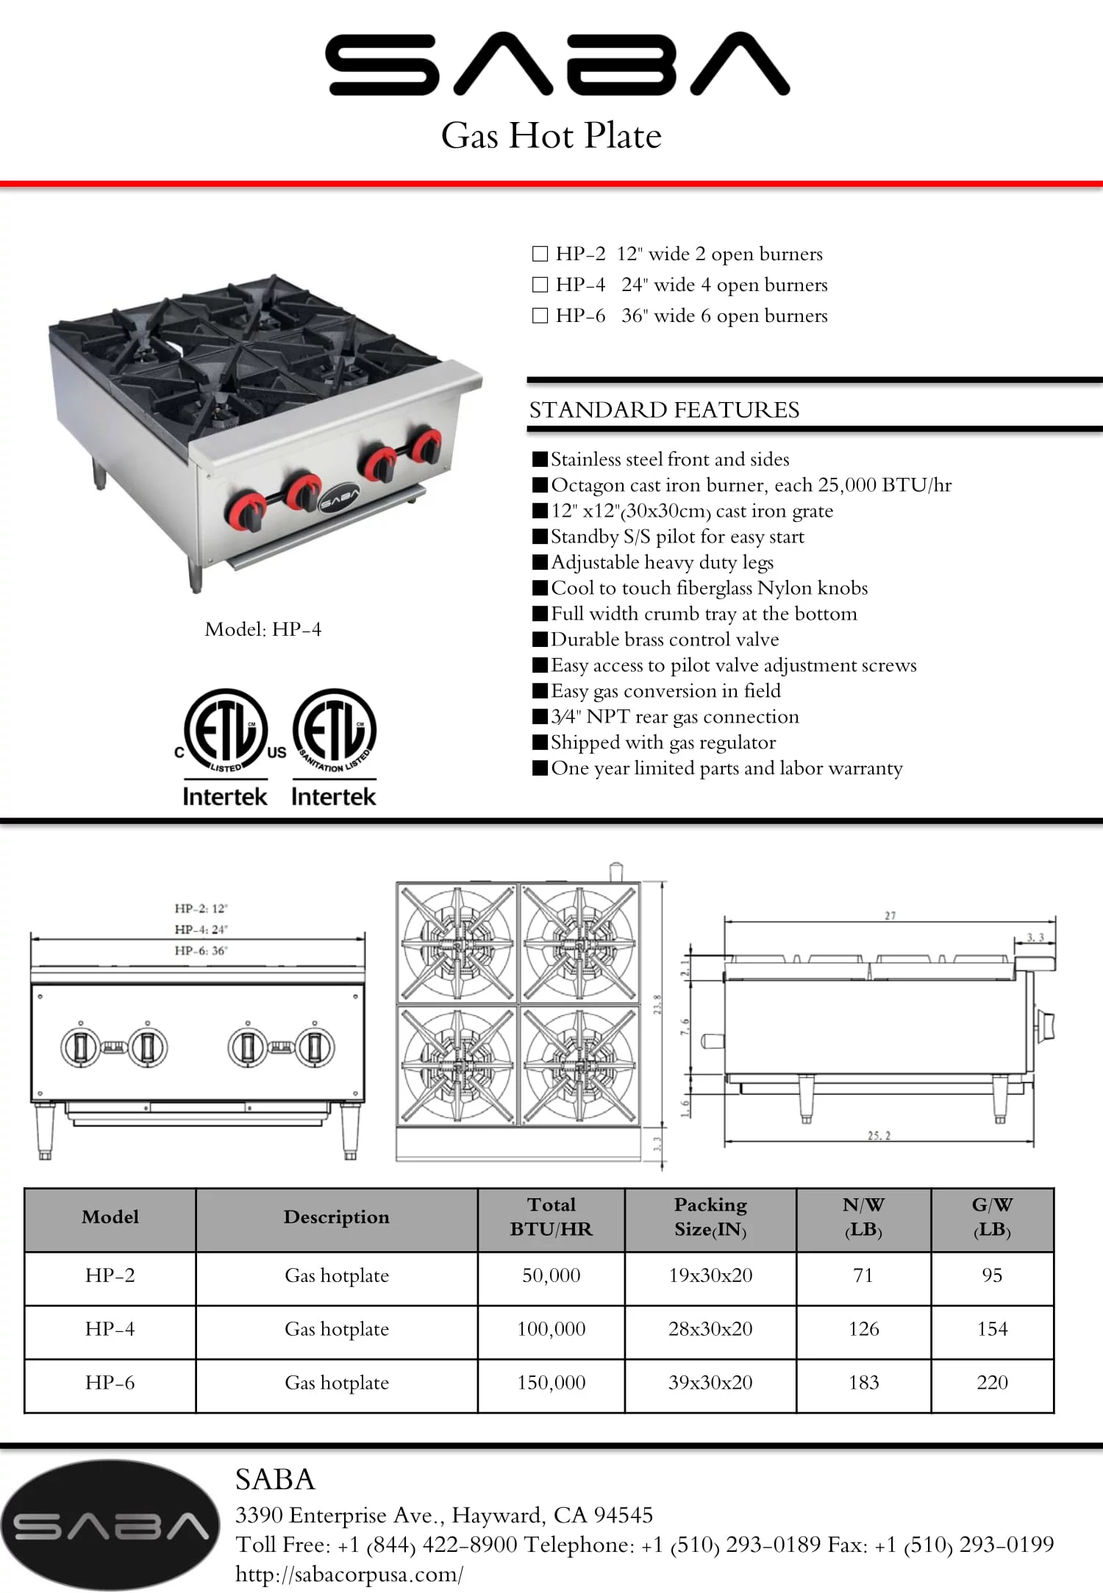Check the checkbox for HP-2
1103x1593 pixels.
[540, 254]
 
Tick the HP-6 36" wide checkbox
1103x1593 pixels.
[540, 315]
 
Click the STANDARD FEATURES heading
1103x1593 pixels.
[664, 409]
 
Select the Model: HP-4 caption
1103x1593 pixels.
[263, 629]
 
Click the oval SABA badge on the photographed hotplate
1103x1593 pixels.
[339, 499]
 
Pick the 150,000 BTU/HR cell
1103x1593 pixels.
[551, 1383]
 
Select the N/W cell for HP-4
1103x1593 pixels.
[863, 1329]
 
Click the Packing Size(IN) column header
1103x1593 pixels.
[710, 1217]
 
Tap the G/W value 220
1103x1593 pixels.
[992, 1383]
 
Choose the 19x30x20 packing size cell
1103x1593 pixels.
[710, 1275]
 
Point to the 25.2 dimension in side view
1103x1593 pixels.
[879, 1136]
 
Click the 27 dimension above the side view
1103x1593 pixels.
[890, 916]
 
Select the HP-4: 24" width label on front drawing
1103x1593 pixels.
[201, 929]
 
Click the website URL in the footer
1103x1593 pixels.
[349, 1574]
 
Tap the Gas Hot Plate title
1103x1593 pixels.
[551, 136]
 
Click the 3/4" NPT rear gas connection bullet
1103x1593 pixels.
[674, 717]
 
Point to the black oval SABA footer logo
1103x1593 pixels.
[110, 1525]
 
